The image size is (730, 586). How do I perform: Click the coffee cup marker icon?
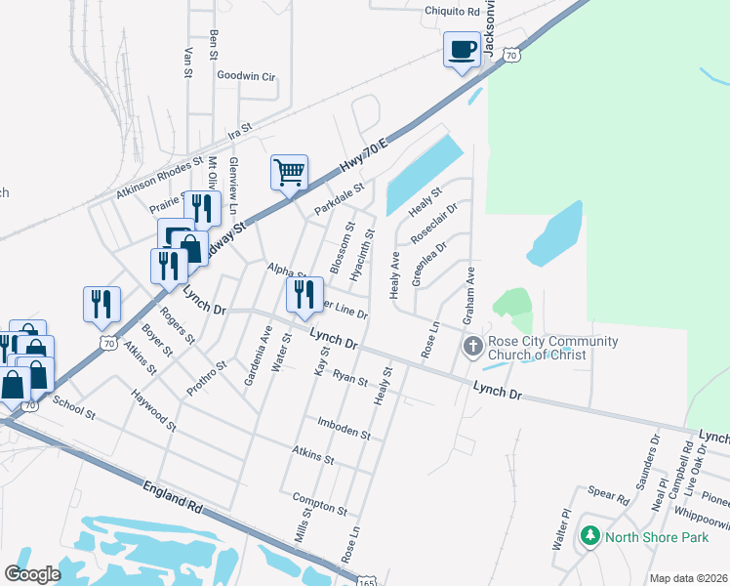[x=462, y=49]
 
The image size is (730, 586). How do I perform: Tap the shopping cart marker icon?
[x=289, y=173]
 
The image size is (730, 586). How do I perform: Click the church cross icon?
[x=472, y=346]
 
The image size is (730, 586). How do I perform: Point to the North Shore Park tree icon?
[x=589, y=536]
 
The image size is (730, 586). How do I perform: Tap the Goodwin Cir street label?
[x=247, y=75]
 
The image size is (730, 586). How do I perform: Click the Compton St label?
[x=320, y=503]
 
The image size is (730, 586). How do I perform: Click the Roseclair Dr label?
[x=433, y=224]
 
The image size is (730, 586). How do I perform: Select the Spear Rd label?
[x=608, y=496]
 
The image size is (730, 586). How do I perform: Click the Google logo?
[x=32, y=573]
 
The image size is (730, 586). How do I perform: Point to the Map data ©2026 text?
[x=688, y=578]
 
